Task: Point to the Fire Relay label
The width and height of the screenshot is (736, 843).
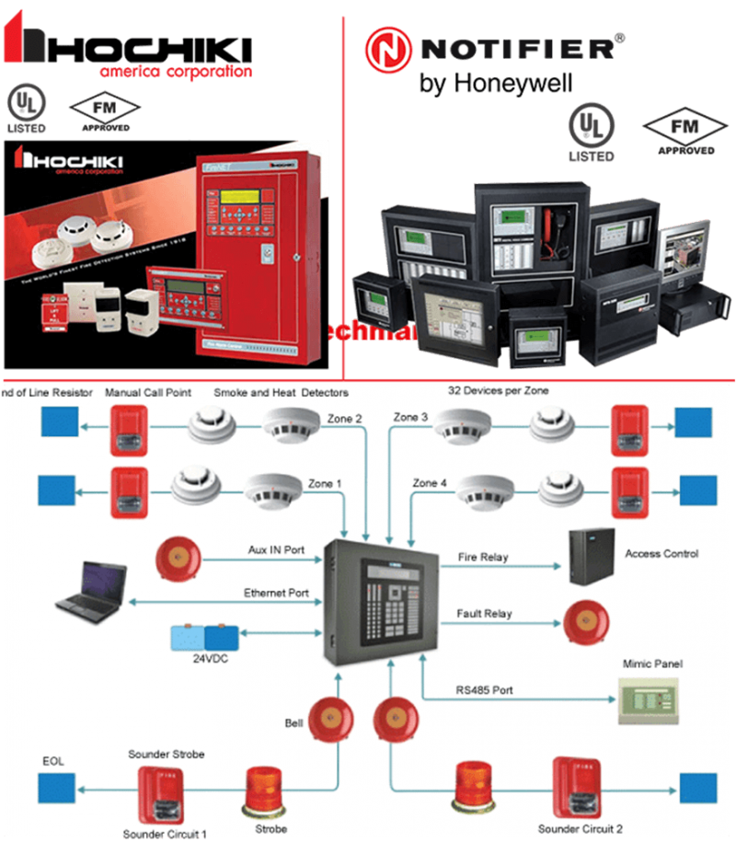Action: [483, 557]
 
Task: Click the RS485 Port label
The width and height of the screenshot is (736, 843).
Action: [485, 689]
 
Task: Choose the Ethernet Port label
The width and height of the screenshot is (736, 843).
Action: [276, 593]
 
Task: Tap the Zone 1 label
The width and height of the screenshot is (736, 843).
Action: [326, 483]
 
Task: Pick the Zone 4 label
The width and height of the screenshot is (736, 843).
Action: [431, 483]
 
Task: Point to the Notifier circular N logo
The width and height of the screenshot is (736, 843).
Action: [385, 49]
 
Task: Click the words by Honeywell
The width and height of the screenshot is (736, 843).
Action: [495, 83]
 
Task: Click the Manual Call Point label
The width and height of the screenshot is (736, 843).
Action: [148, 392]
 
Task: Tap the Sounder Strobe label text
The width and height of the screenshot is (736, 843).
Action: [166, 754]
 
